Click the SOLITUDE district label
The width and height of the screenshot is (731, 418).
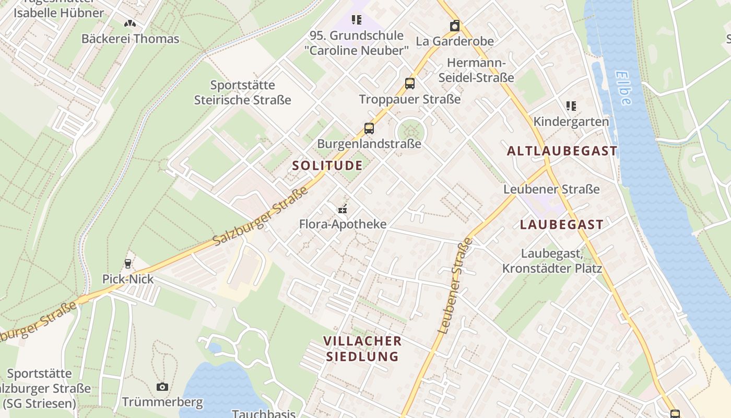coord(327,166)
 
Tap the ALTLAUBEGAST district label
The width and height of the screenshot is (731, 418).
coord(562,151)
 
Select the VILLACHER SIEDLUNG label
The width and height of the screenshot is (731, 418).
coord(362,349)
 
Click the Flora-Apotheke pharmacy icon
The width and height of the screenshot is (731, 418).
coord(343,210)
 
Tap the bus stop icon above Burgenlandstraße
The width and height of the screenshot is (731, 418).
coord(369,129)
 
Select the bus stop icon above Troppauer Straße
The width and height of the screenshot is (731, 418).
coord(410,84)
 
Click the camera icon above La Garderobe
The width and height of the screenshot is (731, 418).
coord(455,26)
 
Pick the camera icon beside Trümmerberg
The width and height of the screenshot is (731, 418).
coord(162,387)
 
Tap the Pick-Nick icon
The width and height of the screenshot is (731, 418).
coord(128,264)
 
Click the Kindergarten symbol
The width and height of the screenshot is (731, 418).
coord(571,106)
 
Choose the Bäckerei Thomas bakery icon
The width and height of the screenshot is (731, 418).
coord(130,24)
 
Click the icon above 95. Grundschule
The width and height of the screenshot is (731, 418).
coord(357,20)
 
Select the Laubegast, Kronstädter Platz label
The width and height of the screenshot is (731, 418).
coord(552,261)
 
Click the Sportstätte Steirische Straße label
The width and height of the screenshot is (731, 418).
coord(243,92)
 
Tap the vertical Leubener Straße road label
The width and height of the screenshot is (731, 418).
coord(455,286)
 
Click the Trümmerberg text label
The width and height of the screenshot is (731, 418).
coord(162,402)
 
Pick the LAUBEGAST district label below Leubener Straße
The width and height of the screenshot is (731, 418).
coord(562,225)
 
